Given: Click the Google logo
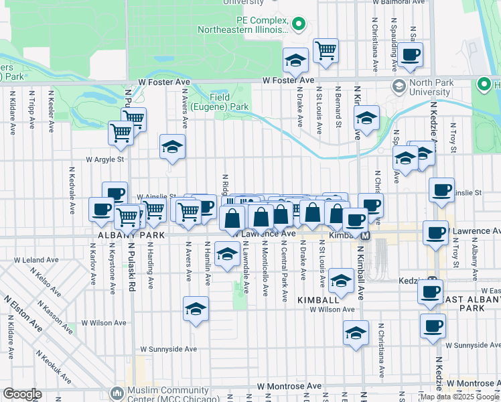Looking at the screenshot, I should click(23, 394).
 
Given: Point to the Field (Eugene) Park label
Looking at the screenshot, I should click(219, 101).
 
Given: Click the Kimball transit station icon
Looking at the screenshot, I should click(366, 236).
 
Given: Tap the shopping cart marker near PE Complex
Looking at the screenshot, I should click(326, 50).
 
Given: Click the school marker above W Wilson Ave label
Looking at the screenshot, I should click(195, 309).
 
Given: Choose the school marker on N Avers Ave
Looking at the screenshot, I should click(172, 147).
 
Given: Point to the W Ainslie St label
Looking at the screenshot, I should click(156, 196).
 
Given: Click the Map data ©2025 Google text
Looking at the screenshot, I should click(460, 396).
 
